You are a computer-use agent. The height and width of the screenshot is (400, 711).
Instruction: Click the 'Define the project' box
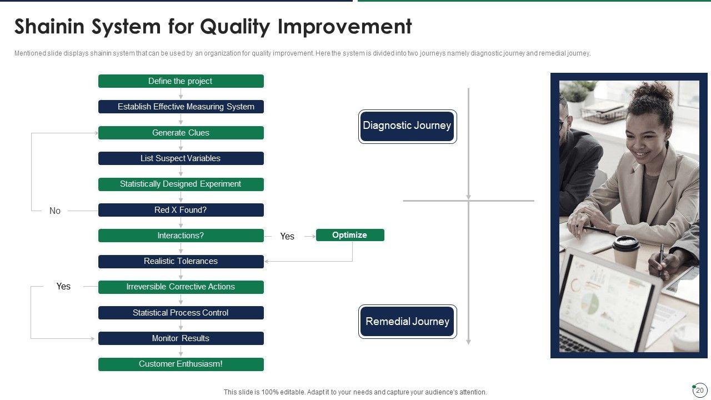pos(181,81)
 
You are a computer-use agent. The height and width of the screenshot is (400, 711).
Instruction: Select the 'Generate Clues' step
pos(181,133)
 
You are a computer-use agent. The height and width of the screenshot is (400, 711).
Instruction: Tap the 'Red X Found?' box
pos(181,210)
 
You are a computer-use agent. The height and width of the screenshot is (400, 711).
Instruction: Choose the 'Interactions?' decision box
pos(181,236)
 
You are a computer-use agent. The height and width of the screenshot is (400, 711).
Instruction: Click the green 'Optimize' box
pos(350,235)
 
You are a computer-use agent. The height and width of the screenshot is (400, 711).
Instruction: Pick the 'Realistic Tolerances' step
pos(181,261)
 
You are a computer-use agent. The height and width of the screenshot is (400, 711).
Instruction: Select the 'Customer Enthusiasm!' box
pos(181,364)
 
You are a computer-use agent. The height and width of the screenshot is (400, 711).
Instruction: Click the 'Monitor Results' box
pos(181,338)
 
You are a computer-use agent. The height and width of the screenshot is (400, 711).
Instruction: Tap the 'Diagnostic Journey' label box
pos(408,126)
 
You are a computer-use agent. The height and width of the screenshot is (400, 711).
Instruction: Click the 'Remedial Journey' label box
pos(408,322)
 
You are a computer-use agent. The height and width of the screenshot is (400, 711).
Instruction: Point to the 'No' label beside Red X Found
pos(55,211)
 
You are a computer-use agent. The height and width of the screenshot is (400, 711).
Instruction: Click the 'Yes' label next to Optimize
pos(287,236)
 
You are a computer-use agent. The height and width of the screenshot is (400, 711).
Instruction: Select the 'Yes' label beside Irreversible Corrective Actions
pos(63,286)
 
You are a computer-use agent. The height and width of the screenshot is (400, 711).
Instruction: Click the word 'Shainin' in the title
pos(49,26)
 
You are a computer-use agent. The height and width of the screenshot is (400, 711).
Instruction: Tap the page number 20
pos(700,390)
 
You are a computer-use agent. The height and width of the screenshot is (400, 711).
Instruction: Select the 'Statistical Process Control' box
pos(181,313)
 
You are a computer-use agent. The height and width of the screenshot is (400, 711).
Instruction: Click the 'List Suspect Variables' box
pos(181,158)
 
